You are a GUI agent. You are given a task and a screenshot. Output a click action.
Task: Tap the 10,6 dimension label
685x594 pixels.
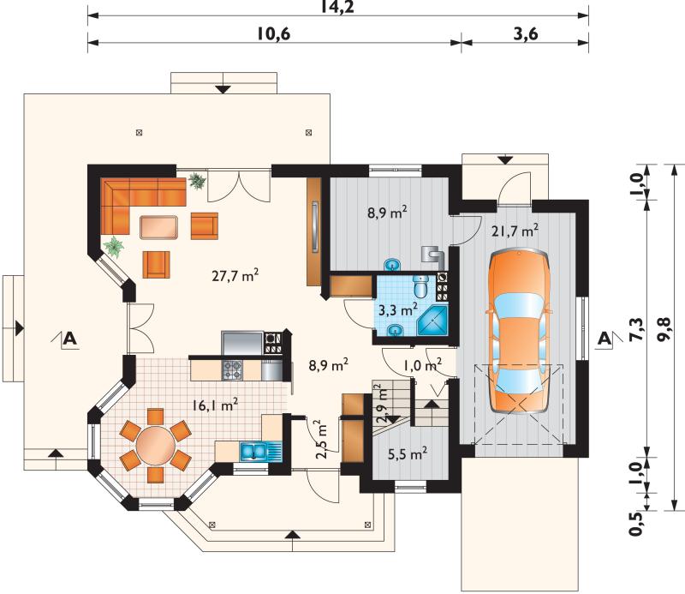click(x=273, y=33)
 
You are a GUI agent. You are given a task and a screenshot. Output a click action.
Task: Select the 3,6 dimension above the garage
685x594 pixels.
click(x=526, y=33)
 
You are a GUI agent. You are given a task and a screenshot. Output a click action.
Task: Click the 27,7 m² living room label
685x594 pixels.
click(x=235, y=275)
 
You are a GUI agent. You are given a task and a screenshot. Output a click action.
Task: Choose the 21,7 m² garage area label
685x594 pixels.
click(x=515, y=230)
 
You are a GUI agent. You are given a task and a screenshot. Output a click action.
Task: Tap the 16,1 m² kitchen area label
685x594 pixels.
click(x=215, y=405)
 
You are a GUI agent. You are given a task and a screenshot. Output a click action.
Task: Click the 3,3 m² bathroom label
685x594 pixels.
click(x=397, y=309)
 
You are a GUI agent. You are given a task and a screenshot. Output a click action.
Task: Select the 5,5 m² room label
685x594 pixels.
click(x=408, y=453)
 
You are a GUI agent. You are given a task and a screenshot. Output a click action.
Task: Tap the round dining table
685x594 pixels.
click(x=156, y=446)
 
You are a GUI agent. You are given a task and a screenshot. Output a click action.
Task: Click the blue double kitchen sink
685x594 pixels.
click(x=253, y=452)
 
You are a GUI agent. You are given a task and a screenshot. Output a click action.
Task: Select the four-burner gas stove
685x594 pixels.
click(x=232, y=370)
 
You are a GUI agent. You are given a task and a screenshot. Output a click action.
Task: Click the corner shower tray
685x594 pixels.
click(x=433, y=321)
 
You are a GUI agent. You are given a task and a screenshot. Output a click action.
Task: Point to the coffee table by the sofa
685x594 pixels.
click(x=159, y=227)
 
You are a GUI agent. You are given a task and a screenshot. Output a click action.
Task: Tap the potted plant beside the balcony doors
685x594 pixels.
click(x=197, y=181)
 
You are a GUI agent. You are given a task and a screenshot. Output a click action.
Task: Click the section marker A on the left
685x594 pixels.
click(x=70, y=339)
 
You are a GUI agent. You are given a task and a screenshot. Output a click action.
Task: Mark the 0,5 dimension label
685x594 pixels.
click(x=637, y=523)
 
